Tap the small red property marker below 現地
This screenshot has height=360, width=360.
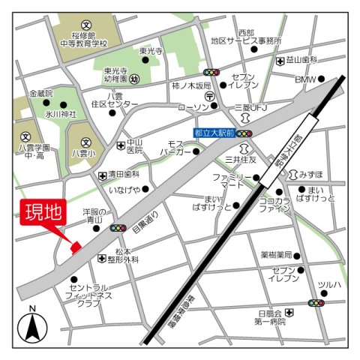coord(75,247)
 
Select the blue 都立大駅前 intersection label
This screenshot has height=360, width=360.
coord(212,132)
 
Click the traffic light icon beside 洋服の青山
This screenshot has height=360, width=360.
coord(118,228)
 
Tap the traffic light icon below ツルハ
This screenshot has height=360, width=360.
coord(316,303)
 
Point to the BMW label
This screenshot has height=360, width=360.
coord(305,79)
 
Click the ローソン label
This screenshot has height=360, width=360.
coord(192,107)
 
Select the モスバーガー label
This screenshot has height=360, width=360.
coord(176,147)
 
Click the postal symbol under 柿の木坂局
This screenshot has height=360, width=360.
coord(211,97)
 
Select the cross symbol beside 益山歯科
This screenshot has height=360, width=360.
coord(280,61)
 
